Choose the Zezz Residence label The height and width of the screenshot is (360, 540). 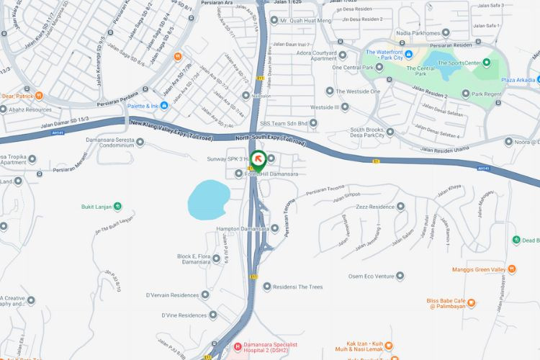tap(375, 207)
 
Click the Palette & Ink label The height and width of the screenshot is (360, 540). tap(143, 106)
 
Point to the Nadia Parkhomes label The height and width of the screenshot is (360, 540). tap(419, 32)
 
